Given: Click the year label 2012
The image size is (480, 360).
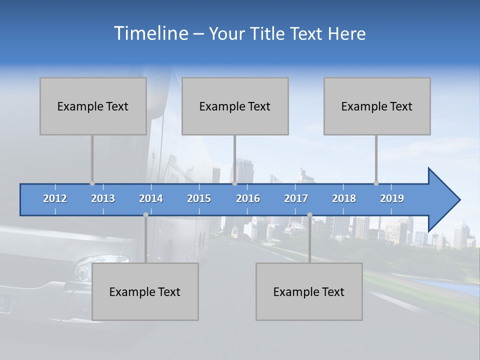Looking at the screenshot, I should [55, 198].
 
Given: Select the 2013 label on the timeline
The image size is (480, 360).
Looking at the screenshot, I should [103, 198].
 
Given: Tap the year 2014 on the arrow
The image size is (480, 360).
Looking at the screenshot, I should [151, 198].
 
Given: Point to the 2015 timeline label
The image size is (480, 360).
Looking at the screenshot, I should [199, 198].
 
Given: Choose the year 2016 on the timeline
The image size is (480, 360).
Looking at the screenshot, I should [248, 198].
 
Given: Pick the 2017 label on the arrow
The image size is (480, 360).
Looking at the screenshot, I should [296, 198].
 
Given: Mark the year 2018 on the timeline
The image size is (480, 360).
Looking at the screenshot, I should [344, 198].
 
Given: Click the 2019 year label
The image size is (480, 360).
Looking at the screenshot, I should [392, 198].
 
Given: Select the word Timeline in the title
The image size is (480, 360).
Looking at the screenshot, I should [150, 33].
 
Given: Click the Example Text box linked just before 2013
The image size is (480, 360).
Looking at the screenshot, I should [93, 106].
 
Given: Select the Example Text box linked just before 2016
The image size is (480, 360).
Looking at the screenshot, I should [235, 106].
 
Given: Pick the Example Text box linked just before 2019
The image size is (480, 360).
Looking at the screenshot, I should [377, 106].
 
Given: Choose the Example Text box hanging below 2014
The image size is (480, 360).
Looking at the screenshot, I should [145, 291].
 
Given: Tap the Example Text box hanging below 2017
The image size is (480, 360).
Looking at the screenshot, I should [309, 291].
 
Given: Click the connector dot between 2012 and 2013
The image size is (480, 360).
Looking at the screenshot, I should [92, 183].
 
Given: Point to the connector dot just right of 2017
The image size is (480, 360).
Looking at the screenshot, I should [309, 215].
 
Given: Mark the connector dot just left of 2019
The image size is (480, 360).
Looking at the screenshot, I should [376, 183].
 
